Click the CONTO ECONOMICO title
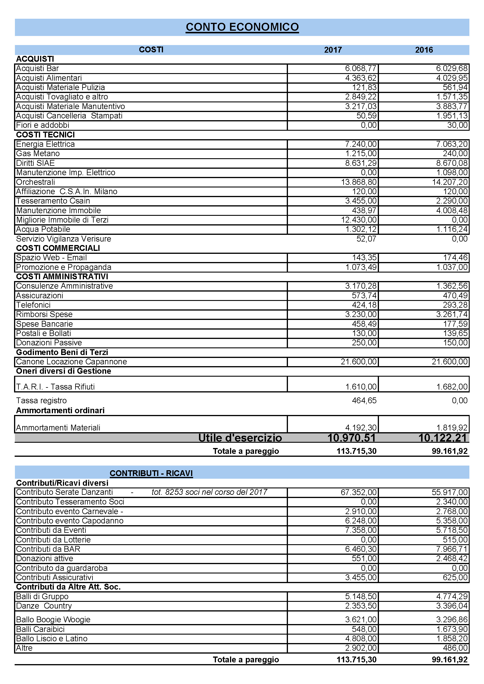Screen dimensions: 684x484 [242, 27]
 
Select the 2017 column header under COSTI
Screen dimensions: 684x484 [333, 50]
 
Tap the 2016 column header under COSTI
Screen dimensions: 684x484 [424, 50]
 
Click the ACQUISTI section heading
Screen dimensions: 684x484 [35, 59]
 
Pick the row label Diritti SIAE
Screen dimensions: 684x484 [35, 163]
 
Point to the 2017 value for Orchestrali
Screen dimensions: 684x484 [358, 182]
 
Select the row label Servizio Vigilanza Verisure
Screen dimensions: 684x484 [63, 239]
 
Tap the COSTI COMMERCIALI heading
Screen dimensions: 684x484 [58, 248]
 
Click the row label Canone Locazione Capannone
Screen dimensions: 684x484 [71, 362]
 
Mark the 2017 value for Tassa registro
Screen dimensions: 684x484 [364, 401]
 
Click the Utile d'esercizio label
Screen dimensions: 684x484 [240, 438]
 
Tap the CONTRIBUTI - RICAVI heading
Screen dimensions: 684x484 [151, 473]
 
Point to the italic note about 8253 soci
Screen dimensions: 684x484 [209, 492]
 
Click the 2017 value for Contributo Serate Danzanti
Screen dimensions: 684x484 [358, 492]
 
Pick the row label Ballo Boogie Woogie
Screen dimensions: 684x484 [53, 620]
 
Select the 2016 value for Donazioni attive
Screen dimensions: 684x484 [452, 559]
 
